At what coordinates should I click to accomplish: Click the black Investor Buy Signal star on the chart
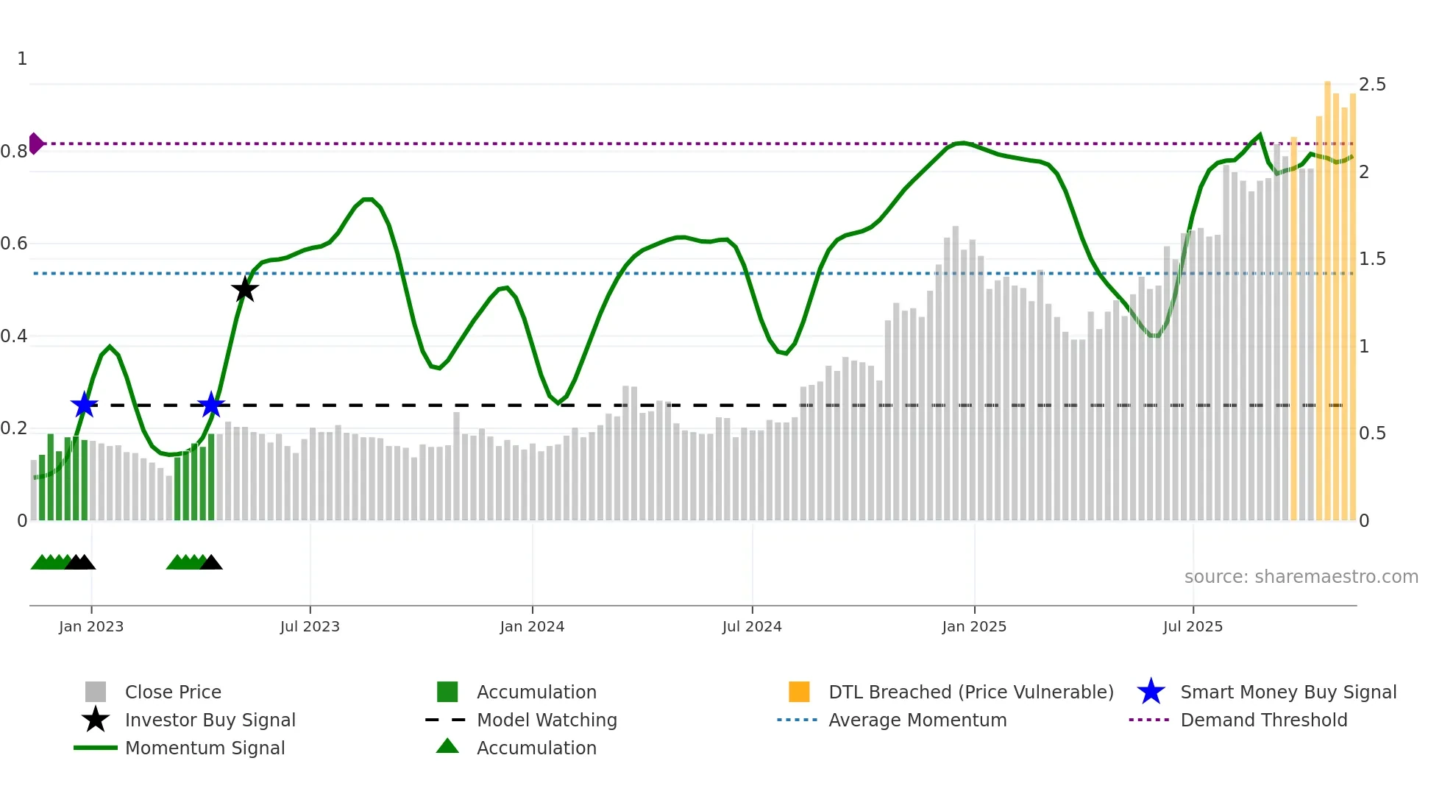coord(245,289)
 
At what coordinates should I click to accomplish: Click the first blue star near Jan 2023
coord(85,404)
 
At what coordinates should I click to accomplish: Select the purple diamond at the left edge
coord(35,144)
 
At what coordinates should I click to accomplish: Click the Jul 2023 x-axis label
coord(310,626)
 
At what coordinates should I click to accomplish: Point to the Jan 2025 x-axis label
coord(974,626)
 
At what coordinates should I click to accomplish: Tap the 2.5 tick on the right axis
coord(1372,85)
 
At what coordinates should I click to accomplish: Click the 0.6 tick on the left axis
coord(14,244)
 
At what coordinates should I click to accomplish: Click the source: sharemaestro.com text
coord(1301,576)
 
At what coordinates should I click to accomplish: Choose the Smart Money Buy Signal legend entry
coord(1287,692)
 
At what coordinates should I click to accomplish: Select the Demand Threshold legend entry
coord(1263,720)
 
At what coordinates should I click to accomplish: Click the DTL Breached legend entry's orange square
coord(799,692)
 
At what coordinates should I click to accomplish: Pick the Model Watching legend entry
coord(546,720)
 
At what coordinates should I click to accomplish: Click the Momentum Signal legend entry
coord(205,748)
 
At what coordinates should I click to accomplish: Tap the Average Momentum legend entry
coord(917,720)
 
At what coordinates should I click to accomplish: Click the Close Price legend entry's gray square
coord(96,692)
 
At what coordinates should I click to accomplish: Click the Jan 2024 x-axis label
coord(532,626)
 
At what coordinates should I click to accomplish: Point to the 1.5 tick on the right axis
coord(1372,259)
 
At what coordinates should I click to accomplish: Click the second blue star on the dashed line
coord(211,404)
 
